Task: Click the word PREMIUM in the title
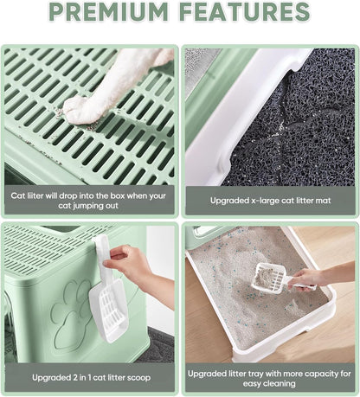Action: (108, 11)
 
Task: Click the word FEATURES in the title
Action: (245, 11)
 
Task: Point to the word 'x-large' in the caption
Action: (261, 201)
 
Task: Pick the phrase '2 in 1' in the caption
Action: (80, 378)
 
